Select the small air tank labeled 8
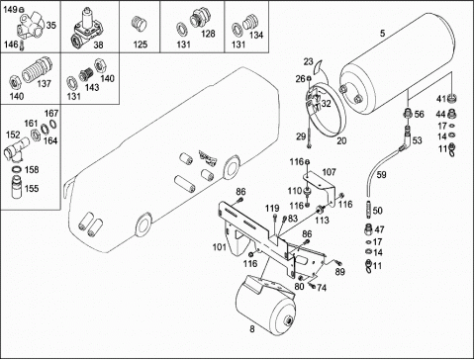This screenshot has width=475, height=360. click(x=266, y=304)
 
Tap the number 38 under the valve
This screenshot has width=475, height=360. click(x=98, y=45)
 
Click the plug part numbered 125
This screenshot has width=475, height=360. click(x=140, y=25)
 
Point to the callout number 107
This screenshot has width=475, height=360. click(x=329, y=172)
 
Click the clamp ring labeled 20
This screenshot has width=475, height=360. click(x=327, y=111)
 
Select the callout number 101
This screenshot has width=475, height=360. click(x=220, y=246)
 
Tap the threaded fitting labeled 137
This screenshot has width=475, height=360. click(x=37, y=70)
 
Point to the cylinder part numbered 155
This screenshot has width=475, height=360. click(x=17, y=187)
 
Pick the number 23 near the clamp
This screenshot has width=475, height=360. click(x=308, y=61)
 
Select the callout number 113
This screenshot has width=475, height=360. click(x=322, y=220)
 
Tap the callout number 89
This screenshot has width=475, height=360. click(x=339, y=272)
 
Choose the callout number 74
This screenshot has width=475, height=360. click(x=322, y=288)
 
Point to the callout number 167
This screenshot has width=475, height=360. click(x=51, y=114)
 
